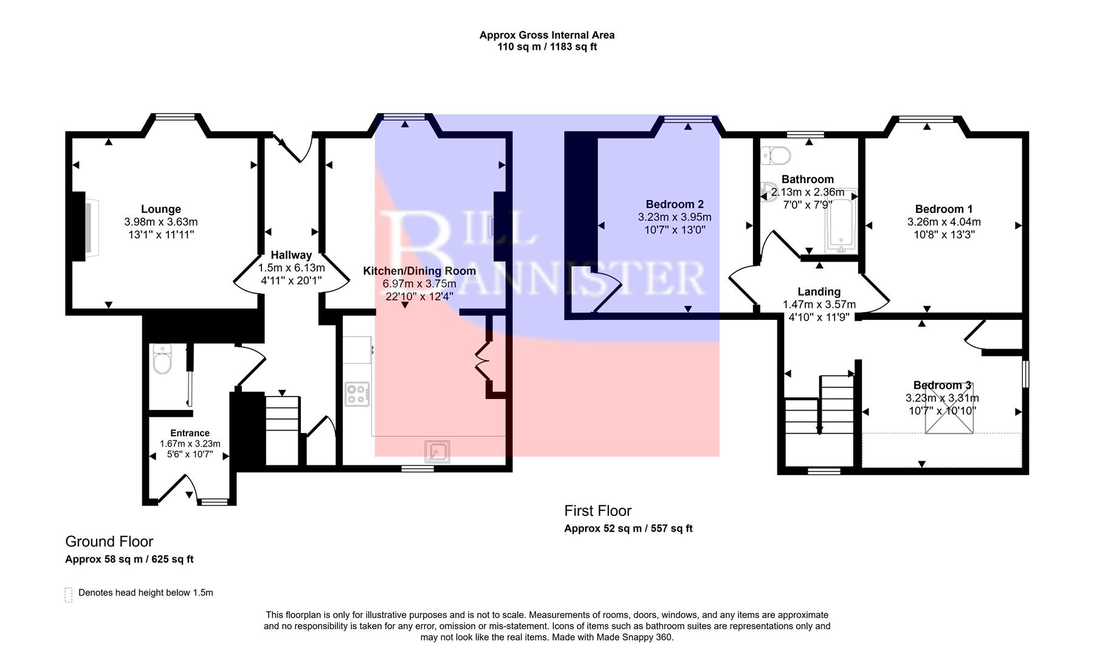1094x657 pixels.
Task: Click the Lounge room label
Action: [x=160, y=209]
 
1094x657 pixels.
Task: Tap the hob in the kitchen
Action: [x=357, y=394]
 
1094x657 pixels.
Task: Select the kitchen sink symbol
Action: [x=437, y=451]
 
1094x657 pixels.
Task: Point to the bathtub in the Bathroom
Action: [x=841, y=222]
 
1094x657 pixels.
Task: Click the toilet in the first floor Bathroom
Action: [x=776, y=155]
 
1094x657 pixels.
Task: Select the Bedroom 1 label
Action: [x=943, y=209]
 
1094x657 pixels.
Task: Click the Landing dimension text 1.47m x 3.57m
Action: [x=819, y=305]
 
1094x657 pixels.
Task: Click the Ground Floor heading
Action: [x=109, y=541]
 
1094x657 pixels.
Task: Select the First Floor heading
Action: [x=597, y=511]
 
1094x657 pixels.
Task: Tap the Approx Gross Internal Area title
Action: [x=546, y=35]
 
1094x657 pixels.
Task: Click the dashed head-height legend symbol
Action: [x=68, y=594]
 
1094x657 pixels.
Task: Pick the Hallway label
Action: [x=291, y=255]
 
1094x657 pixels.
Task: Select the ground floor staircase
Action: [x=283, y=429]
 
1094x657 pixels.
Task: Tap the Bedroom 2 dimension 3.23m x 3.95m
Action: [x=674, y=217]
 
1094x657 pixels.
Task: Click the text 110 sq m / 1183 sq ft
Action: [x=546, y=47]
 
